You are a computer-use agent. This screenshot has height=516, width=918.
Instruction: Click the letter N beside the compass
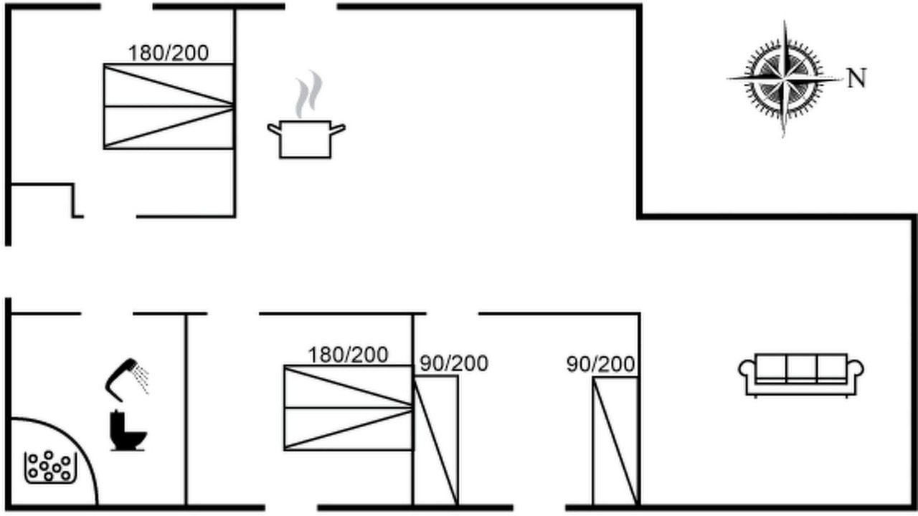tap(856, 78)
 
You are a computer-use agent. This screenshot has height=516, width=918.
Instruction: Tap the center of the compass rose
tap(785, 78)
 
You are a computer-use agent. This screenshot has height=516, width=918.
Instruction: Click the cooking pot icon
tap(306, 139)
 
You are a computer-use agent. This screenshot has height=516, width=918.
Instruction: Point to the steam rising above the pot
tap(309, 94)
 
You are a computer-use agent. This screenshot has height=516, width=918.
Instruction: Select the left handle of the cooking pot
tap(274, 130)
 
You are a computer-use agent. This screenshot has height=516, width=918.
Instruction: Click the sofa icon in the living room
tap(801, 375)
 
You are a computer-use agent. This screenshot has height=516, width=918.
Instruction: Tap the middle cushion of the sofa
tap(802, 368)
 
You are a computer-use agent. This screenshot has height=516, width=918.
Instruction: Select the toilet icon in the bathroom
tap(128, 430)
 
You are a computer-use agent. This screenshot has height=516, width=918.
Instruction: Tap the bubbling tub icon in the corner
tap(51, 468)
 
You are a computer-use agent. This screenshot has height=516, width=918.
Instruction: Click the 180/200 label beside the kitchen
tap(169, 53)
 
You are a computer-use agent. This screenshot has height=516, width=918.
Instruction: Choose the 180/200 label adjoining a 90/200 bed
tap(348, 355)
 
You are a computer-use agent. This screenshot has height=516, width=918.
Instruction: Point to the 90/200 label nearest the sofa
tap(601, 364)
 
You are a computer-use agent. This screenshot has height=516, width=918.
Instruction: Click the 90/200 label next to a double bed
tap(454, 363)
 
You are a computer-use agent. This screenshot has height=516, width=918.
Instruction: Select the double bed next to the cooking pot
tap(169, 107)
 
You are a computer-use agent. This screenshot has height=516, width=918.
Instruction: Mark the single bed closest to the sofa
tap(615, 441)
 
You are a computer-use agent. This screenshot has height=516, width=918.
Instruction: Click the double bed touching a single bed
tap(349, 408)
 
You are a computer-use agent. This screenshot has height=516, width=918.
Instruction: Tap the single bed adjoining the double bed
tap(435, 441)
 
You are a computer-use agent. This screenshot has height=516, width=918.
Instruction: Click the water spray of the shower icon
tap(142, 380)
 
